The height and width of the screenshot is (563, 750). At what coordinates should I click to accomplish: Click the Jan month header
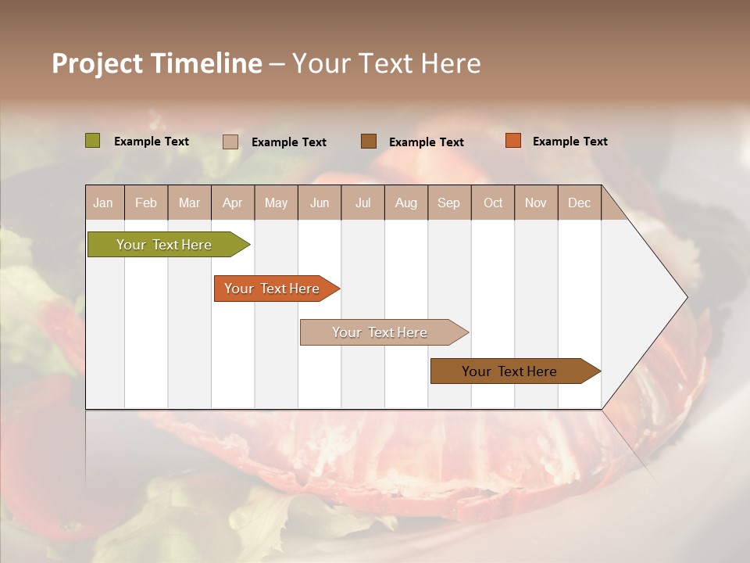click(103, 203)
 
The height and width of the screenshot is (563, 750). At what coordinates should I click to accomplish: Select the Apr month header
click(232, 203)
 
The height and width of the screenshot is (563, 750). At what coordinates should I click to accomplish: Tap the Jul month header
click(362, 203)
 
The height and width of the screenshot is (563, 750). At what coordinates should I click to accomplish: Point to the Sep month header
click(448, 203)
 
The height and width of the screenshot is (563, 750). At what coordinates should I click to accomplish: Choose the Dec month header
click(579, 203)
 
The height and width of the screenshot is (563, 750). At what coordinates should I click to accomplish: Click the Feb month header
click(146, 203)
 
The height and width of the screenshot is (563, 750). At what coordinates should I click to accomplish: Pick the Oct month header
click(493, 203)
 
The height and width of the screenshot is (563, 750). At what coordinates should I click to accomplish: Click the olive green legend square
click(93, 141)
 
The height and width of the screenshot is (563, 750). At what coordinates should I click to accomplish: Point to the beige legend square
click(230, 142)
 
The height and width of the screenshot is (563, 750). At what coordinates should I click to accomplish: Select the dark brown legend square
click(369, 142)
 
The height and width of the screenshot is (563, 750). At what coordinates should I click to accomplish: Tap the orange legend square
click(513, 141)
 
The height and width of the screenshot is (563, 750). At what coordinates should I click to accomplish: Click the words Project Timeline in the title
click(157, 63)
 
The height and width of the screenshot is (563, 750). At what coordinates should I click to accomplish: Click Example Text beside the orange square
click(570, 142)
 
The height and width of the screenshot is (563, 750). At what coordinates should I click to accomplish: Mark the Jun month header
click(320, 203)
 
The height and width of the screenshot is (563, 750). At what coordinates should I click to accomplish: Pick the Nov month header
click(535, 203)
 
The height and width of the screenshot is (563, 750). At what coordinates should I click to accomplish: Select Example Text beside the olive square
click(151, 142)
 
